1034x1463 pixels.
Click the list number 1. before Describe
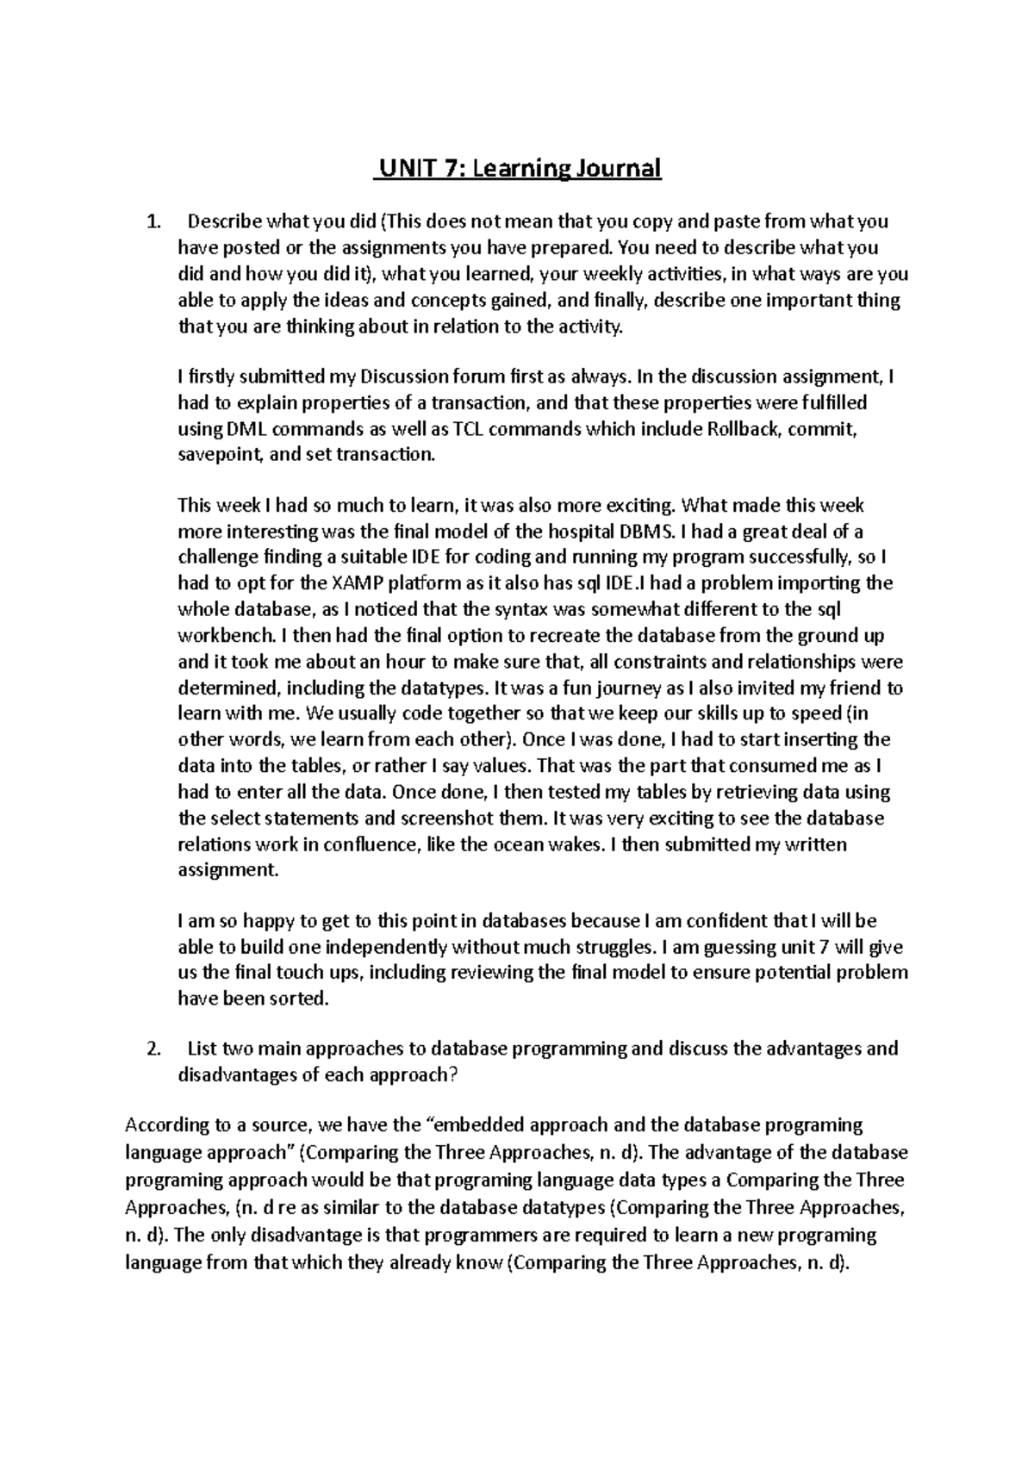point(153,221)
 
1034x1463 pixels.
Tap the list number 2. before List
point(153,1049)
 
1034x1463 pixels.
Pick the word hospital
point(584,532)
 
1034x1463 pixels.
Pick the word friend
point(856,688)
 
